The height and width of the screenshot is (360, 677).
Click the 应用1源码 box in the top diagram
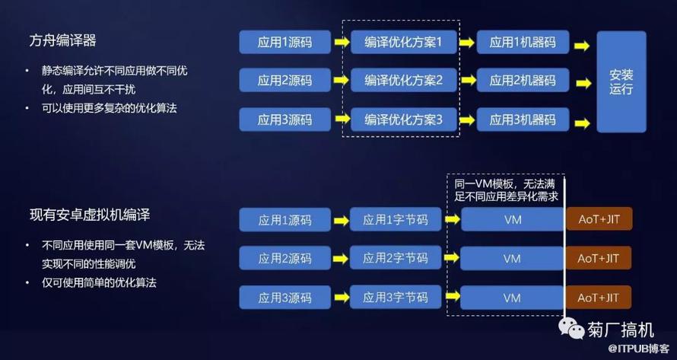click(x=285, y=42)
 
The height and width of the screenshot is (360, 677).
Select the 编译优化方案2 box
click(x=404, y=81)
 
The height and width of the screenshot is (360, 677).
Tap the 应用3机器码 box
click(x=523, y=119)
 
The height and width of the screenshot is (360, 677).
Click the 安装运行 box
click(x=621, y=81)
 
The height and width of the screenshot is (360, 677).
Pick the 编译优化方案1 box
click(x=404, y=42)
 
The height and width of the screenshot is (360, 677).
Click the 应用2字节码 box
click(x=396, y=258)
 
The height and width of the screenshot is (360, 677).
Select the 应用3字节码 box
click(x=396, y=298)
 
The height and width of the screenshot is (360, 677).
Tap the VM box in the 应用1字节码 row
click(x=513, y=219)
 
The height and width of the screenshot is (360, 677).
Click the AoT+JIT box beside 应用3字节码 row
click(x=599, y=298)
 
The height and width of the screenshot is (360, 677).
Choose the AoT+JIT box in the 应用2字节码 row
click(x=599, y=258)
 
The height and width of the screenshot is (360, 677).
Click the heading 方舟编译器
click(x=62, y=40)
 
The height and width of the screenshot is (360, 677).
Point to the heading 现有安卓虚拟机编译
click(x=90, y=215)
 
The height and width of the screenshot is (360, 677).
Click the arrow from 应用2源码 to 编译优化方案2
click(x=341, y=81)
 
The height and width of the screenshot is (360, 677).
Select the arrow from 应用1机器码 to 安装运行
click(x=582, y=46)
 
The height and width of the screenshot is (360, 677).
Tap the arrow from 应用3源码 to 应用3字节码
click(x=341, y=298)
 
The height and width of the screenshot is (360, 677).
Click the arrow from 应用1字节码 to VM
click(x=452, y=219)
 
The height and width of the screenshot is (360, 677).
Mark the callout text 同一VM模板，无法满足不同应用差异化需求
click(x=507, y=190)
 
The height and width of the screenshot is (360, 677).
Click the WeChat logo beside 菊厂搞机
click(x=571, y=329)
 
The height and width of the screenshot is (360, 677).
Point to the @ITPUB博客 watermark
click(x=640, y=348)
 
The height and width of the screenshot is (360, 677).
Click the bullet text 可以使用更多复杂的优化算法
click(x=110, y=108)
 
